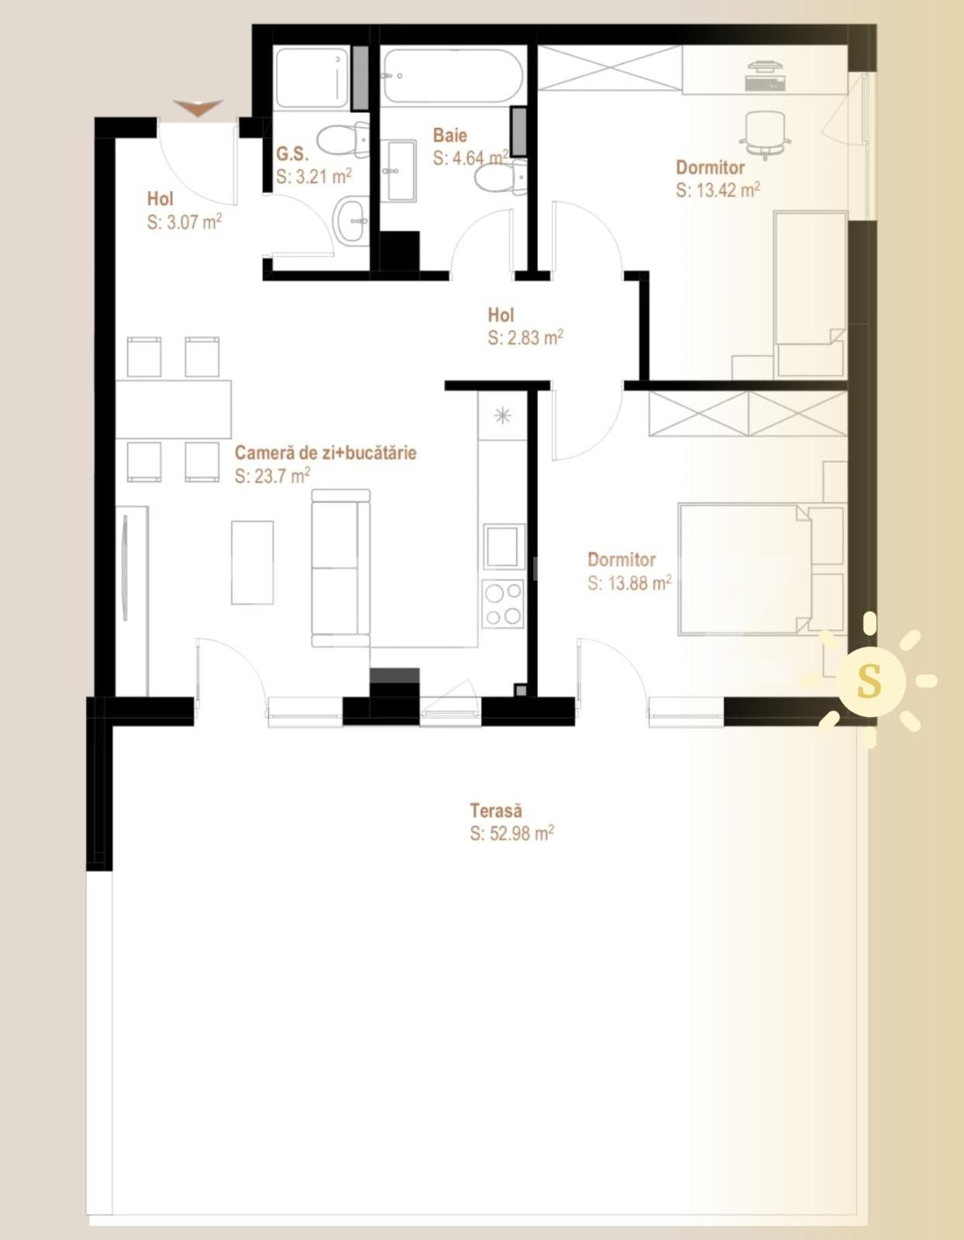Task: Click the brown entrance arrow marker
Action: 198,108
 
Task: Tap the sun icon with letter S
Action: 870,680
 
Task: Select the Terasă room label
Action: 496,811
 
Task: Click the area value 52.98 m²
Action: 511,833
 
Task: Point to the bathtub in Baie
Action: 453,75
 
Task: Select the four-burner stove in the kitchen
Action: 502,604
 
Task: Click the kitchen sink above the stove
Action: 503,546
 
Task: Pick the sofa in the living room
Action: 340,567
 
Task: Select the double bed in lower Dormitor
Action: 744,570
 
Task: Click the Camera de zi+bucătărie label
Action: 325,452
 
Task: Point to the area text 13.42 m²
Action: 718,190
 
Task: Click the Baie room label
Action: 450,135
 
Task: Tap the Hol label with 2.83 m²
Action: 501,315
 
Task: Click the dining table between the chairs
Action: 174,408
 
